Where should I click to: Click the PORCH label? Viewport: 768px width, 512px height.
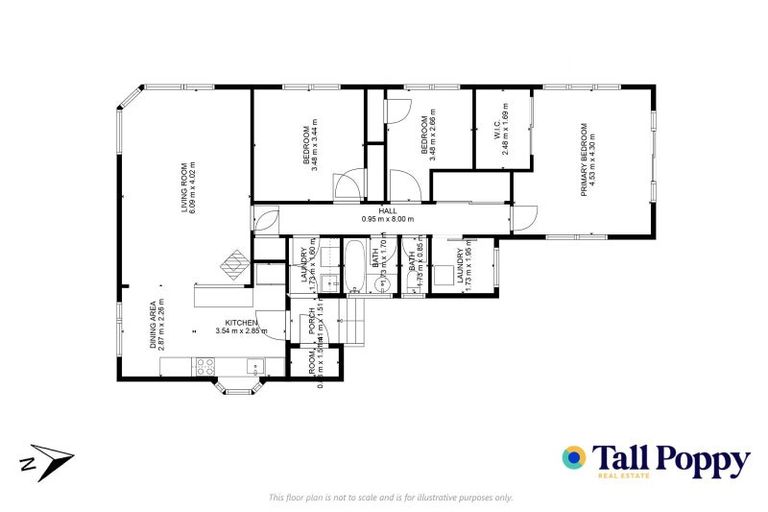pyautogui.click(x=311, y=321)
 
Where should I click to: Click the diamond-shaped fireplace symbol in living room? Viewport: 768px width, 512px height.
pyautogui.click(x=236, y=263)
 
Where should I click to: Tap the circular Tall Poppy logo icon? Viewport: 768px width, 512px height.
pyautogui.click(x=574, y=458)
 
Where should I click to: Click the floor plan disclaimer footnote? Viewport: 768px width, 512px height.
pyautogui.click(x=391, y=497)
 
